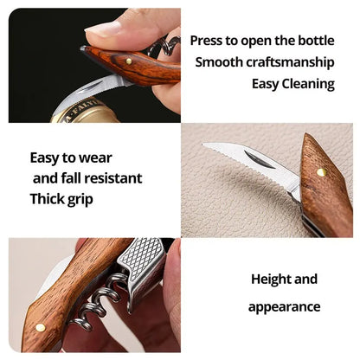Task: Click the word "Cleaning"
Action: pos(305,84)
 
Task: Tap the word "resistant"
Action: pos(117,178)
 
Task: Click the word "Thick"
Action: pos(48,198)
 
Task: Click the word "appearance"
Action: pos(284,307)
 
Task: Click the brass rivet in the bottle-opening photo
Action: pos(129,61)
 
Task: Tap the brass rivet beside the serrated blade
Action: pos(321,172)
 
